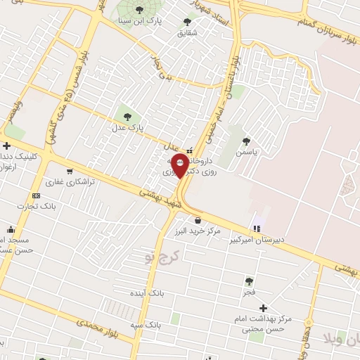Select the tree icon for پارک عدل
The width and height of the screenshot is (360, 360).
127,116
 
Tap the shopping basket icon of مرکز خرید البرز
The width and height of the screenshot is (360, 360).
198,220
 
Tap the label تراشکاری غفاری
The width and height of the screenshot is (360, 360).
70,182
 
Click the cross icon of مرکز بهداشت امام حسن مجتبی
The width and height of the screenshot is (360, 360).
263,308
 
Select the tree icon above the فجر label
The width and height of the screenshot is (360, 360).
250,279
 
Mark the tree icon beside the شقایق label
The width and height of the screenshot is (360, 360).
187,21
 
